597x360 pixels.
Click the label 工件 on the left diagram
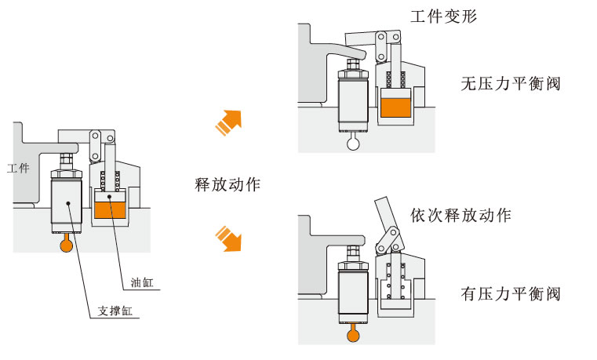click(18, 168)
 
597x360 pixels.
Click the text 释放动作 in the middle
click(228, 186)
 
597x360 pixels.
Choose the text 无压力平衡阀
click(511, 85)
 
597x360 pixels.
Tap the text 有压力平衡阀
click(511, 295)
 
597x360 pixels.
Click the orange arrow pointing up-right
click(228, 122)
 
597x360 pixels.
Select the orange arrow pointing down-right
click(228, 238)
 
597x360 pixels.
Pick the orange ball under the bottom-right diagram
click(355, 336)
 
